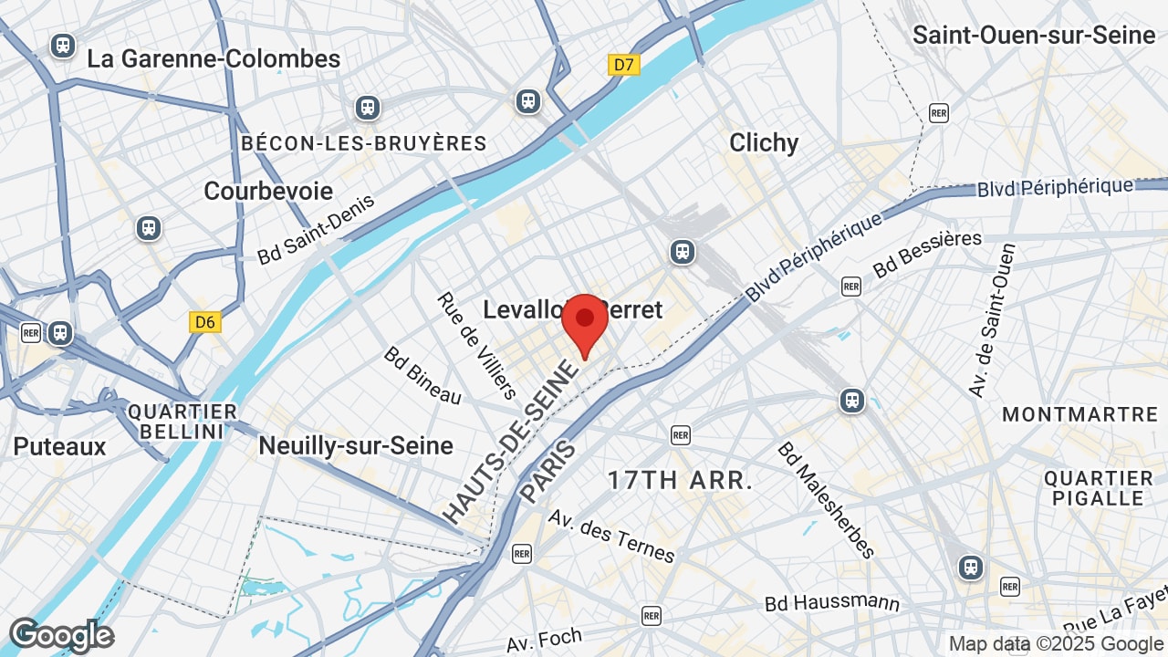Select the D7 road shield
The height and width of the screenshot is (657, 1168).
[x=624, y=65]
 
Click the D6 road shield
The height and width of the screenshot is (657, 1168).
[x=205, y=322]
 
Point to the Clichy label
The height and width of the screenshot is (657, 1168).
[x=764, y=142]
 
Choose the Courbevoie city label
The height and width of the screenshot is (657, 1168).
[x=268, y=191]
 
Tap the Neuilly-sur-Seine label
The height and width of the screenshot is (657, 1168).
[x=356, y=445]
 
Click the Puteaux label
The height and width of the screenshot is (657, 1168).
[x=59, y=446]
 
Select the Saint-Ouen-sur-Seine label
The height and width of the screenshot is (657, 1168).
[x=1034, y=36]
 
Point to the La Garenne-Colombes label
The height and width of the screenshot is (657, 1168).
[x=214, y=59]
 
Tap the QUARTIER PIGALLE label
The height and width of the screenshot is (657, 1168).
[x=1099, y=488]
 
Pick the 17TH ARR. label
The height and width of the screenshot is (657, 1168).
[x=680, y=480]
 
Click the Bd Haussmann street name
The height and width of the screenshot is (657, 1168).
[x=831, y=603]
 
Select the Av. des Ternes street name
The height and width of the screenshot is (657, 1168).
[x=611, y=536]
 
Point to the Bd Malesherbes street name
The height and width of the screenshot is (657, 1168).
[x=827, y=499]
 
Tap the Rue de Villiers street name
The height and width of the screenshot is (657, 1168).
[x=476, y=345]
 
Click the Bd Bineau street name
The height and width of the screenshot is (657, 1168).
[x=422, y=375]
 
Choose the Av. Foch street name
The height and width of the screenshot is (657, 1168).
[x=545, y=640]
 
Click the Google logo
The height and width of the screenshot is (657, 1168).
[x=61, y=636]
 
